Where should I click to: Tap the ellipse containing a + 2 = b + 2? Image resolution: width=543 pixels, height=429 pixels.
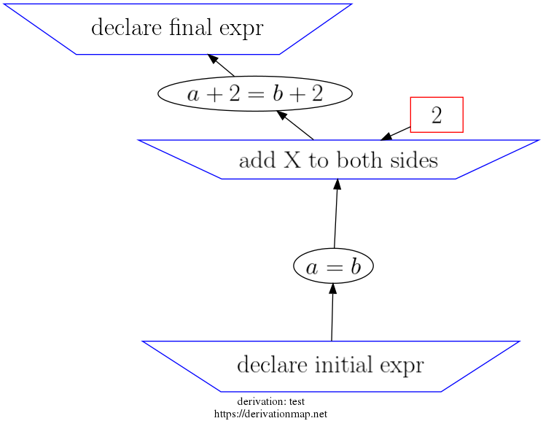point(254,93)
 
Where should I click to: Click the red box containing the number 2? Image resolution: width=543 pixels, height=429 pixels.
point(437,115)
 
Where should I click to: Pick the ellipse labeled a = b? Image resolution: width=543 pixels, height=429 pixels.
point(333,268)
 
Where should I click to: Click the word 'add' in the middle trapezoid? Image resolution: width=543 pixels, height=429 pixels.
point(254,161)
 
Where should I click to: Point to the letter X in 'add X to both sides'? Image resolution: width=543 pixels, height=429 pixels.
point(289,161)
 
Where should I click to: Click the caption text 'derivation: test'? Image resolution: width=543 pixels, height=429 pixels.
point(270,402)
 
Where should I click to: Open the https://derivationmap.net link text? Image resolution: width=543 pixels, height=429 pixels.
point(270,414)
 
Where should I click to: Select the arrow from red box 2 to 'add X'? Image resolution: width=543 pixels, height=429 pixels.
point(395,134)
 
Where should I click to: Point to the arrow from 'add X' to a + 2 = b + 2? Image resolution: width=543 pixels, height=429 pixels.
point(296,125)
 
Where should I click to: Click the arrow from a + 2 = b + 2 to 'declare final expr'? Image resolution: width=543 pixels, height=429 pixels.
point(222,65)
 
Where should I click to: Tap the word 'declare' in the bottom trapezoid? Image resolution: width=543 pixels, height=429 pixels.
point(267,364)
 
